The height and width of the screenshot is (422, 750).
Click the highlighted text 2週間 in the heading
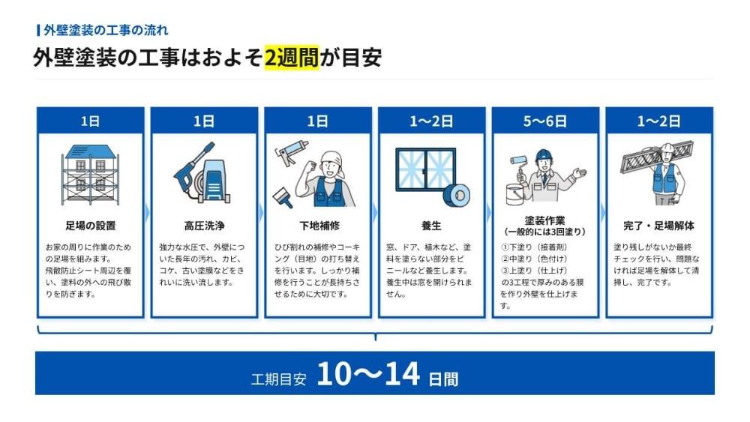[x=291, y=58]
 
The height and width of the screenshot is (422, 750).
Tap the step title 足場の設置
[x=91, y=226]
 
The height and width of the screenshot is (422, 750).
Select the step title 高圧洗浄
[x=204, y=226]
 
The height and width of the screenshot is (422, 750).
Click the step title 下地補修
[x=318, y=226]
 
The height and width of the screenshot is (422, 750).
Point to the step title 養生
[x=431, y=226]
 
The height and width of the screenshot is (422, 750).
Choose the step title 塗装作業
[x=544, y=220]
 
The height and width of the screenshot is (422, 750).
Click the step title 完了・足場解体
[x=658, y=226]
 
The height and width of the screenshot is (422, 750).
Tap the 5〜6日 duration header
[x=544, y=121]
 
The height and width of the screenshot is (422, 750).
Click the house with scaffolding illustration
[x=91, y=175]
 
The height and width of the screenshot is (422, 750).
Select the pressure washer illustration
[x=202, y=172]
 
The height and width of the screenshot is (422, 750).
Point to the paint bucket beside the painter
[x=515, y=194]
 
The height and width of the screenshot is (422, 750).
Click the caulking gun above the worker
[x=291, y=152]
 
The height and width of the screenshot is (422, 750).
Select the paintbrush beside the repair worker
[x=283, y=197]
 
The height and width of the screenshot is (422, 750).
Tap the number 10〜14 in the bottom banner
[x=368, y=374]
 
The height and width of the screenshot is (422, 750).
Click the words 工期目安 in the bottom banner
[x=278, y=379]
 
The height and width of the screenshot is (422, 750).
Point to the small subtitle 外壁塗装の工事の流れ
[x=106, y=31]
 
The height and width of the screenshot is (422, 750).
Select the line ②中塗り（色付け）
[x=534, y=259]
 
